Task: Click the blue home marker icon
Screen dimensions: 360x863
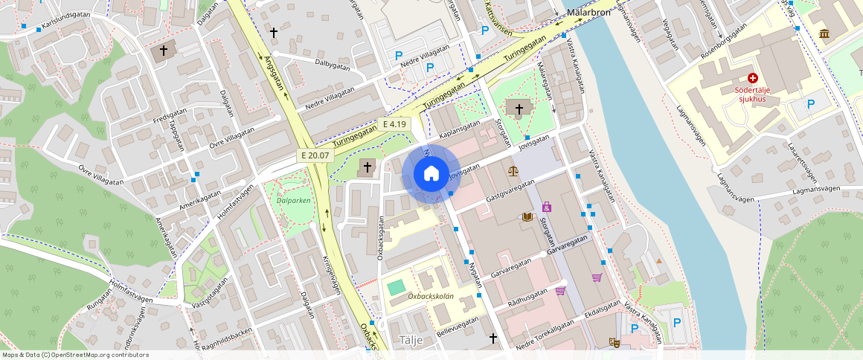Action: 431,174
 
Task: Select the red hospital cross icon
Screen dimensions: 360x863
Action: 752,77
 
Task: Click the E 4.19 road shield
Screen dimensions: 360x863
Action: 395,124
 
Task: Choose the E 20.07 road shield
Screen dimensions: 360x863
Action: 315,155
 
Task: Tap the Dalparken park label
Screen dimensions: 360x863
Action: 293,200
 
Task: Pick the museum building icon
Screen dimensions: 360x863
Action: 824,33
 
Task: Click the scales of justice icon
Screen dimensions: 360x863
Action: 513,170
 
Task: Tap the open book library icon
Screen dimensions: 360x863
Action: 527,216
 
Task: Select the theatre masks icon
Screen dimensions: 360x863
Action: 615,342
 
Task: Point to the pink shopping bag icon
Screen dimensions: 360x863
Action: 548,206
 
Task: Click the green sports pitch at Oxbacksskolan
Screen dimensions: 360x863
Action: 397,286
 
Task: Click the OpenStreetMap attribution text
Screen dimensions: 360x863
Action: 75,355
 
